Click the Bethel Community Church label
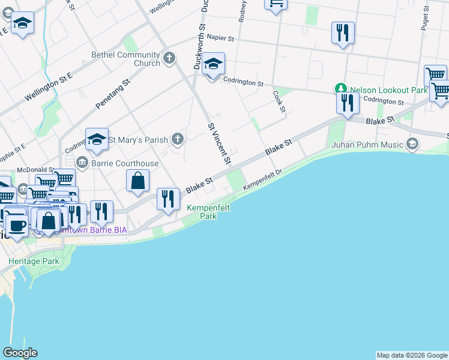point(125,59)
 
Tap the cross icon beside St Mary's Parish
point(177,140)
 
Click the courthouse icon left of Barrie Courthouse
point(82,162)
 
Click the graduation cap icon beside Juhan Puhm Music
point(412,144)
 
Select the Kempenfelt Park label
point(208,212)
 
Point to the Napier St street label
point(220,37)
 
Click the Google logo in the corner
point(20,353)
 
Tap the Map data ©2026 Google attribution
point(412,355)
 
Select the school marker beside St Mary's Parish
point(97,139)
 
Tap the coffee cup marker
point(17,226)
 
